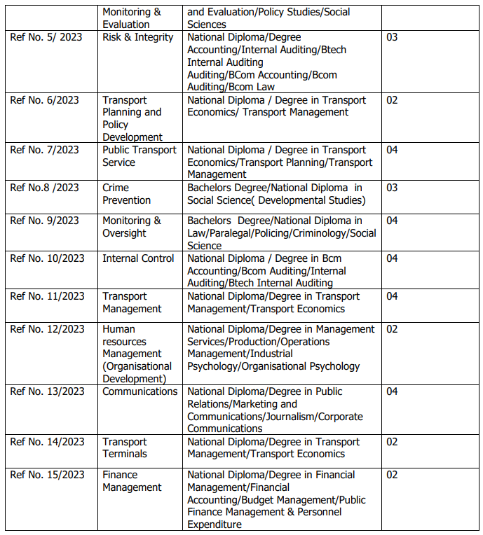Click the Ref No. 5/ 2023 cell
(x=46, y=37)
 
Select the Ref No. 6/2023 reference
(x=44, y=100)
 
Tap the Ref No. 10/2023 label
(x=47, y=258)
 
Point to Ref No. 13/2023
(x=47, y=391)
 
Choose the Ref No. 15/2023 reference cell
(x=47, y=475)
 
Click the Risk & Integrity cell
(x=137, y=37)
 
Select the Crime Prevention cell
(x=126, y=194)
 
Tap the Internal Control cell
(x=138, y=258)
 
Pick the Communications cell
(x=140, y=391)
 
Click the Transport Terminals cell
(x=125, y=447)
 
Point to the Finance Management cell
(x=132, y=481)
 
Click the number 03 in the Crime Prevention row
(x=392, y=188)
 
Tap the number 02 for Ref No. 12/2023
(x=392, y=329)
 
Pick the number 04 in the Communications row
(x=392, y=391)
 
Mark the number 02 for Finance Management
(x=392, y=475)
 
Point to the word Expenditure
(x=215, y=524)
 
